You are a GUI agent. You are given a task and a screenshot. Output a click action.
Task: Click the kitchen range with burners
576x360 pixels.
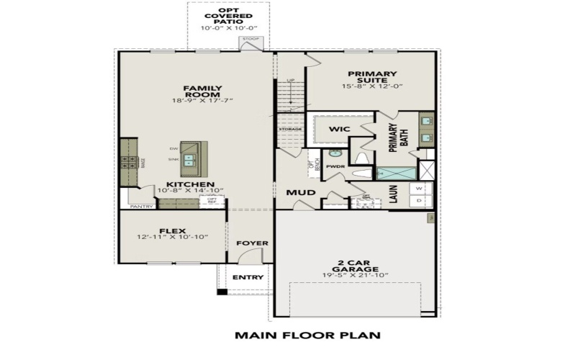tap(128, 163)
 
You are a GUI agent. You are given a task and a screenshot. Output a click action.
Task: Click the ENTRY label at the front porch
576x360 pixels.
tap(248, 278)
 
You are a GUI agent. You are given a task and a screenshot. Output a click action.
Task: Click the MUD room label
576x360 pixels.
tap(297, 193)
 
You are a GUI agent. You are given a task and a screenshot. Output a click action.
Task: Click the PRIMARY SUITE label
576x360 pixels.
tap(372, 78)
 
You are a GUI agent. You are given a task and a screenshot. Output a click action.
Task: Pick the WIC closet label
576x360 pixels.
tap(338, 129)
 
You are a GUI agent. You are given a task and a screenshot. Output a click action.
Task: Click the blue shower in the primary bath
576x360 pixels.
tap(396, 173)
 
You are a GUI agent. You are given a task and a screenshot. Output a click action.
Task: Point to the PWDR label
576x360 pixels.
tap(335, 166)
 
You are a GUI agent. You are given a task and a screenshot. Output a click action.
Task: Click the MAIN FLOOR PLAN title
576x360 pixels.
tap(307, 335)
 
